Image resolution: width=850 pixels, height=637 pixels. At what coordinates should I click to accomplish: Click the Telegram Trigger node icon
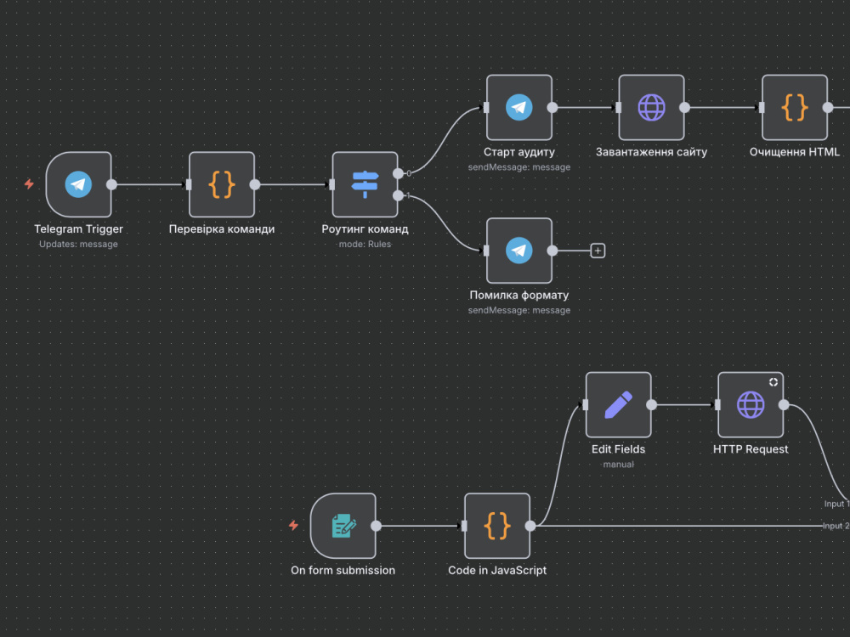click(x=78, y=184)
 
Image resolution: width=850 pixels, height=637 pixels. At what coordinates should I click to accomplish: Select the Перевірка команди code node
click(x=222, y=184)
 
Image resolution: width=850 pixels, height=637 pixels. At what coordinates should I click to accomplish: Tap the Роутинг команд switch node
click(x=365, y=184)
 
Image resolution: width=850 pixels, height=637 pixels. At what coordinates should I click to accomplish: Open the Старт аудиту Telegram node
click(x=519, y=107)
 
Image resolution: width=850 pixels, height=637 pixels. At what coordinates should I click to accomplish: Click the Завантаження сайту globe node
click(x=652, y=107)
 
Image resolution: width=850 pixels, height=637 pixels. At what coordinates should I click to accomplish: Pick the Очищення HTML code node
click(x=795, y=107)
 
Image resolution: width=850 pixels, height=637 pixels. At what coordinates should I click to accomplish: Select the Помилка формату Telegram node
click(x=519, y=251)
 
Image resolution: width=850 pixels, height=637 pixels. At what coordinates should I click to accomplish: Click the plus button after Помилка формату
click(x=598, y=251)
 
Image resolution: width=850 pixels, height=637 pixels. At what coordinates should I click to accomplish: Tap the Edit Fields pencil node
click(x=619, y=404)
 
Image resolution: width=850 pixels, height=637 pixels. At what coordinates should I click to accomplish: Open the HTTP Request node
click(x=751, y=404)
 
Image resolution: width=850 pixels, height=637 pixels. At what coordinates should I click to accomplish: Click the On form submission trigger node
click(x=343, y=526)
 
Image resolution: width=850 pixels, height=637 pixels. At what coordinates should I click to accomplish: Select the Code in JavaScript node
click(x=497, y=526)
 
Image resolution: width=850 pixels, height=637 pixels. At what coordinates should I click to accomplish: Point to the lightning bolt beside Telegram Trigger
click(x=29, y=184)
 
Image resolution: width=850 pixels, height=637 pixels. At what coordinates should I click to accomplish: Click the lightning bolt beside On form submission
click(x=293, y=525)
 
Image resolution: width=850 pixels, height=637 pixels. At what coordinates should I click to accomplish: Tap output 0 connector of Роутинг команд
click(x=398, y=173)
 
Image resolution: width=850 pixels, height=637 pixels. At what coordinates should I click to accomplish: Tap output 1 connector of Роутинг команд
click(x=398, y=195)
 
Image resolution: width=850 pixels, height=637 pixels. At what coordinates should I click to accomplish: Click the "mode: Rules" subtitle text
click(x=365, y=245)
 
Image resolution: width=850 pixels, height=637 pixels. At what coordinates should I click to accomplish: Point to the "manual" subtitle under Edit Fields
click(x=619, y=465)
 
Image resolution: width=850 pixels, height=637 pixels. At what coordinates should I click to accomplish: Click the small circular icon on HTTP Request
click(x=773, y=382)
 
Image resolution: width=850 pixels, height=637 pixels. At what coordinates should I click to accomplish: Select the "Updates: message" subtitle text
click(x=78, y=245)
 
